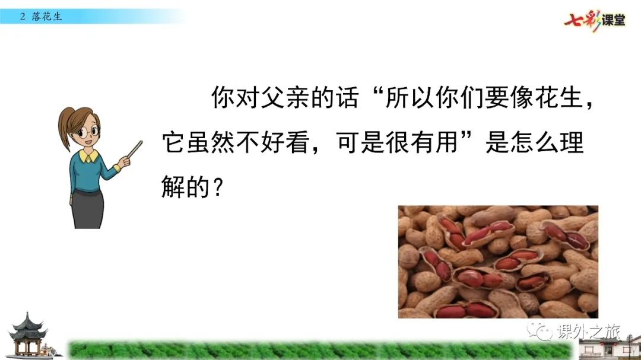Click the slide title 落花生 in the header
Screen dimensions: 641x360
click(x=47, y=17)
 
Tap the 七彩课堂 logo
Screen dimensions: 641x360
click(x=595, y=20)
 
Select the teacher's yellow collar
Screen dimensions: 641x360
click(x=88, y=156)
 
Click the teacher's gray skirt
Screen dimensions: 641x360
click(x=87, y=209)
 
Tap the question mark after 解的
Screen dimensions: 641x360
click(x=218, y=187)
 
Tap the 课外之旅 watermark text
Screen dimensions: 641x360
click(x=589, y=332)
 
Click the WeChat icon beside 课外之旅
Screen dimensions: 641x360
click(x=540, y=330)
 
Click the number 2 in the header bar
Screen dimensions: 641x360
click(x=23, y=17)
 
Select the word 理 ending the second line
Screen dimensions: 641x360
click(x=572, y=142)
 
